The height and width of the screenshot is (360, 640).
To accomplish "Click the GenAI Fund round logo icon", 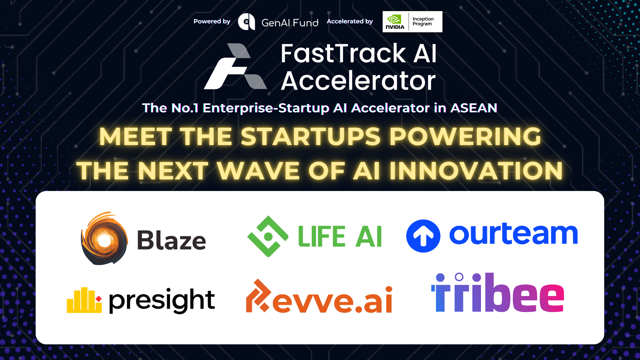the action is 246,22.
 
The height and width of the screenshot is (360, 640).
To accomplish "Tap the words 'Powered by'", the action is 212,21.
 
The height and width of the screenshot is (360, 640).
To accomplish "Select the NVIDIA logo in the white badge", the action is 395,22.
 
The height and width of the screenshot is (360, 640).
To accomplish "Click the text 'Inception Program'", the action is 423,21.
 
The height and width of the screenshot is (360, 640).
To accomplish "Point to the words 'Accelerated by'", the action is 350,21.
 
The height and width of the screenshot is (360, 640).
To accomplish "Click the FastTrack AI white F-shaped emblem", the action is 235,66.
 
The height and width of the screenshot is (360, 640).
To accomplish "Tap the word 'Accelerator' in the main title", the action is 358,81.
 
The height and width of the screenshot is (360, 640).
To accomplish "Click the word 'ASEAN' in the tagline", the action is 474,108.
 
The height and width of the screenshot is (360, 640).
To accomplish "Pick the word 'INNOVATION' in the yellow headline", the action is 476,171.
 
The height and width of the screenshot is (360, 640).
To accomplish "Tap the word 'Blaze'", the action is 172,240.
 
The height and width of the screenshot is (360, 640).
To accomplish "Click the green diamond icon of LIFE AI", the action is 268,236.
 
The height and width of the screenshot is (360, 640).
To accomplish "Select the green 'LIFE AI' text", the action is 340,236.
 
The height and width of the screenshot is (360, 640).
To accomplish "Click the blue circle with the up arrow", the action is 423,236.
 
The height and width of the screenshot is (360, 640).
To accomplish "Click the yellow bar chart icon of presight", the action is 84,300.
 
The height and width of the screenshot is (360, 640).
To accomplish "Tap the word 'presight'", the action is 162,300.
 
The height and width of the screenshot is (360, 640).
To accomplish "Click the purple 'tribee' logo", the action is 497,292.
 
